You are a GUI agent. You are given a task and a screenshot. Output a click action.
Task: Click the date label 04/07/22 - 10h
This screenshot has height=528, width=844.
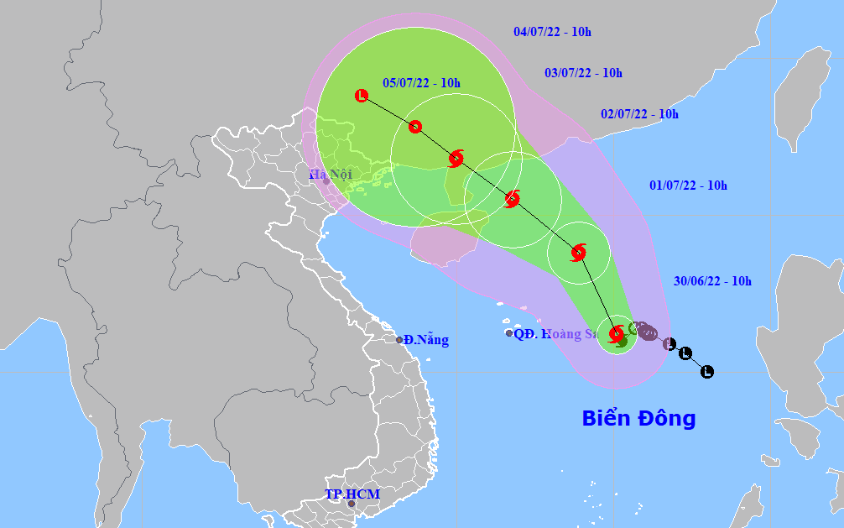(x=552, y=32)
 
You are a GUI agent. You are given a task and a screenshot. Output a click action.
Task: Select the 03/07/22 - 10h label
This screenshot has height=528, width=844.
(x=583, y=73)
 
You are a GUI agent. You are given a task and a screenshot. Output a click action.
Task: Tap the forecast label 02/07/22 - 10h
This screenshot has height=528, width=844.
(x=639, y=114)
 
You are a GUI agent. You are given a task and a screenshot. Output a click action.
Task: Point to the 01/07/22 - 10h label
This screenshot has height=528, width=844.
(x=688, y=186)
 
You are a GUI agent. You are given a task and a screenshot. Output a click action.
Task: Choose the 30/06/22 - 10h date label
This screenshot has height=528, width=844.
(x=712, y=281)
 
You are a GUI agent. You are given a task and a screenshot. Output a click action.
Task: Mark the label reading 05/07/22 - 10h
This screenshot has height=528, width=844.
(x=421, y=82)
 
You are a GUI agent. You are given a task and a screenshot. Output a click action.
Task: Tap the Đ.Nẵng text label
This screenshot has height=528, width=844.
(x=425, y=340)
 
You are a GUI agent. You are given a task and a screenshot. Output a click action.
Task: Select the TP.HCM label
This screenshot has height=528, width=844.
(x=352, y=494)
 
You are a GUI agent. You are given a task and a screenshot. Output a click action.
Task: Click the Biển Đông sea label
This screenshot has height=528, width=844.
(x=638, y=418)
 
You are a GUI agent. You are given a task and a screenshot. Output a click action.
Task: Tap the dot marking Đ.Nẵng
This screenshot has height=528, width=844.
(x=399, y=340)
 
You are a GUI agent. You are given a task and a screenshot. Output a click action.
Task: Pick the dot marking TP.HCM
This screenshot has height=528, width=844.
(x=352, y=504)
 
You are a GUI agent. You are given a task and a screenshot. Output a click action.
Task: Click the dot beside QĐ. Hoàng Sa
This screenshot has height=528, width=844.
(x=508, y=333)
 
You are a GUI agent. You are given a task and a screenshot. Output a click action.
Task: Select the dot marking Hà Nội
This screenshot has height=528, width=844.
(x=326, y=181)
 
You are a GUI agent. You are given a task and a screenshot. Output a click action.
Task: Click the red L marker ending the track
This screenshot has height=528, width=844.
(x=362, y=96)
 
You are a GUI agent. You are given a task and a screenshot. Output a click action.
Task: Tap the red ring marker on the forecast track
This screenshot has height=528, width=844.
(x=414, y=127)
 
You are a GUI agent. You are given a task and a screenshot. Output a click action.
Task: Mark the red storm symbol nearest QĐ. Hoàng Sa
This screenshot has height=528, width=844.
(x=617, y=333)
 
